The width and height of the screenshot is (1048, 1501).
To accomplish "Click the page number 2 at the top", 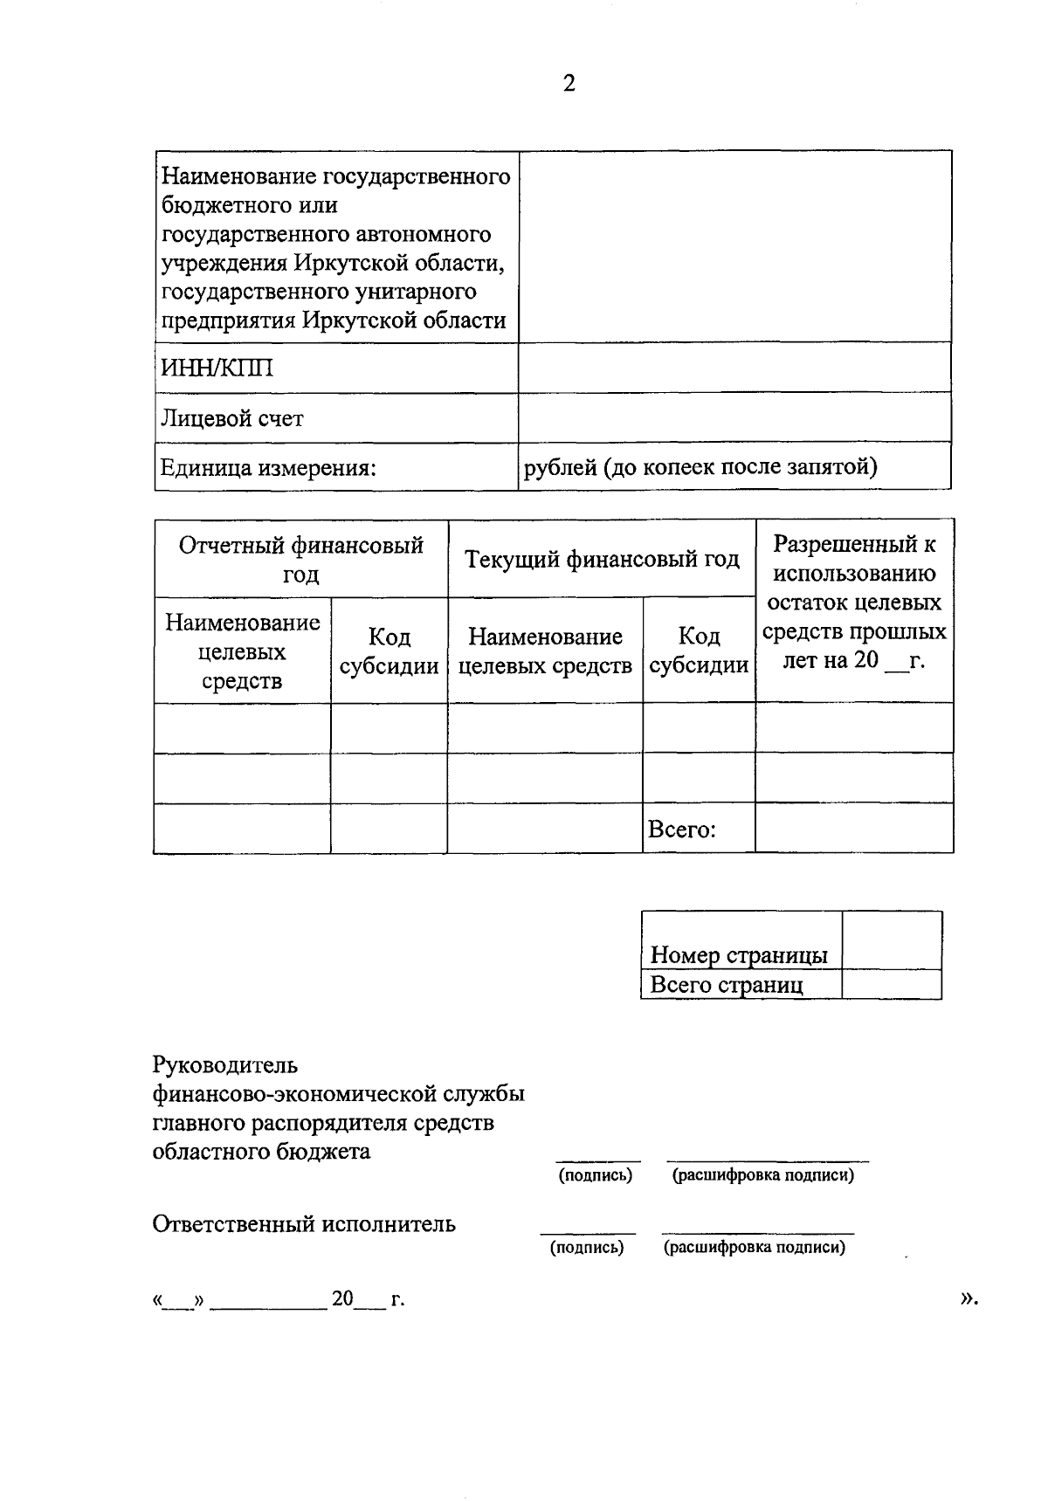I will (569, 84).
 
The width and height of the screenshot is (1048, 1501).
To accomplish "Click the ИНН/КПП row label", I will (216, 368).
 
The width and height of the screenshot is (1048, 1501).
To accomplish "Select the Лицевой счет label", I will (231, 418).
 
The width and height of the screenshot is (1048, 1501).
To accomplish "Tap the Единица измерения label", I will (267, 468).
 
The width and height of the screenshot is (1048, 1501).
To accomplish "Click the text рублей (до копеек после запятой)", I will (700, 466).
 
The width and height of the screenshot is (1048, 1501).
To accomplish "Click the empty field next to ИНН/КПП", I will (734, 367).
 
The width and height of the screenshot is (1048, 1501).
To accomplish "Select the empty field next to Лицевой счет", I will (734, 417).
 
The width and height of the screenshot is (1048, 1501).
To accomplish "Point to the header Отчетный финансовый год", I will (301, 559).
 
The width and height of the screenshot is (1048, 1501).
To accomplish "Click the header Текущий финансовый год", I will (602, 559).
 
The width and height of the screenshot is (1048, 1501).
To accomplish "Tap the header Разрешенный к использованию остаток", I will (853, 602).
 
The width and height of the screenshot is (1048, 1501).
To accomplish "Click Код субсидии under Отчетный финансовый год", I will (389, 651).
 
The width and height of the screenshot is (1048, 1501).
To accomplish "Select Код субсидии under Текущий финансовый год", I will (699, 651).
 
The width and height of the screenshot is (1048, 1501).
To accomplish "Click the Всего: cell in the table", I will (681, 829).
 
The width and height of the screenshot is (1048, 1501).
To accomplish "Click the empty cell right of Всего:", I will (853, 828).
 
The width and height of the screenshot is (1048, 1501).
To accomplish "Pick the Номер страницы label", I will (739, 954).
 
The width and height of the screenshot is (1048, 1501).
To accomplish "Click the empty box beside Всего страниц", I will (891, 985).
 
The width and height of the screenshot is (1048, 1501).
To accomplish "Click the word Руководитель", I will (224, 1065).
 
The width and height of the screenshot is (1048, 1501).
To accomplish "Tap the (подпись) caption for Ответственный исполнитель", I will (587, 1247).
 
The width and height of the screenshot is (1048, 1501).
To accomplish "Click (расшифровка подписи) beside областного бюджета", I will (762, 1175).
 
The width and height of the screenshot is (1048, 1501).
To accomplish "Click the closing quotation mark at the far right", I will (968, 1298).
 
